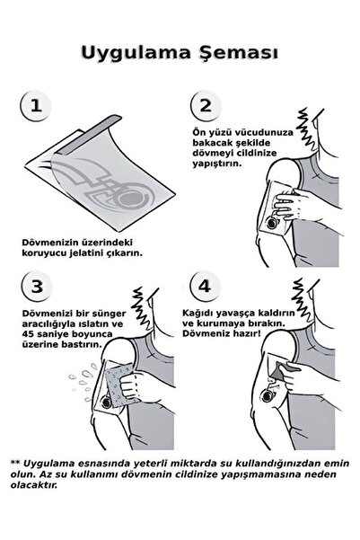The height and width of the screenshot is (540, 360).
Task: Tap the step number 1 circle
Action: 36,105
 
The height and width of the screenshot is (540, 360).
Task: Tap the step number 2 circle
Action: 206,105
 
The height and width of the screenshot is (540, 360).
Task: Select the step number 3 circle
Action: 37,286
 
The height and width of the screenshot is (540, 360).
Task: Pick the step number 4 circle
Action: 205,286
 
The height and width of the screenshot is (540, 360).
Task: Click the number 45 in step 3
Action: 28,334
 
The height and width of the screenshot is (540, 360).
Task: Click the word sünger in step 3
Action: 110,314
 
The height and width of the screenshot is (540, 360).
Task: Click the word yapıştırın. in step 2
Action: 217,164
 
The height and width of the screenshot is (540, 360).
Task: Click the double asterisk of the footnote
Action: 16,463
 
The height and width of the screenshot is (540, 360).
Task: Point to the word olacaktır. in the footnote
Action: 34,485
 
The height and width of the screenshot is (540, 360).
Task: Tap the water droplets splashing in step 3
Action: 83,381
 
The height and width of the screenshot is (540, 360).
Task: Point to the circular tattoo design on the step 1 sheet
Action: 132,199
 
